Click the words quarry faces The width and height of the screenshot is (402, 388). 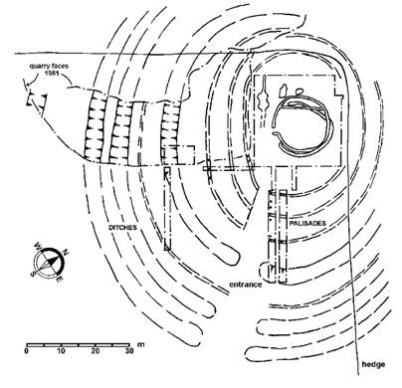pyautogui.click(x=49, y=62)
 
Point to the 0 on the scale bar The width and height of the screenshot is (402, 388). pyautogui.click(x=27, y=352)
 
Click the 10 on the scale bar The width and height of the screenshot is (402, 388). pyautogui.click(x=61, y=352)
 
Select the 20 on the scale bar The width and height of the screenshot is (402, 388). pyautogui.click(x=95, y=352)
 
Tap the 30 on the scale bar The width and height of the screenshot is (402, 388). pyautogui.click(x=128, y=352)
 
